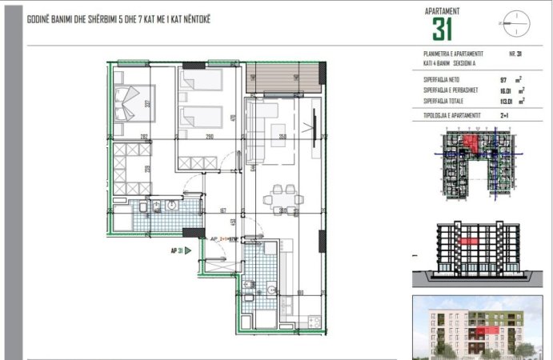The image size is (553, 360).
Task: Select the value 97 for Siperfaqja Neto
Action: coord(503,80)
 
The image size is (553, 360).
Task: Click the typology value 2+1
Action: coord(504,116)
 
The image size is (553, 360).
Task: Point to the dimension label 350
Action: coord(282,137)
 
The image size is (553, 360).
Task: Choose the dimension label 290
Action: coord(208,137)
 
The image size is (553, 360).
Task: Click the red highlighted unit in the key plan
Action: coord(473,143)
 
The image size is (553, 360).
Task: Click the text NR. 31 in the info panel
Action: coord(515,53)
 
